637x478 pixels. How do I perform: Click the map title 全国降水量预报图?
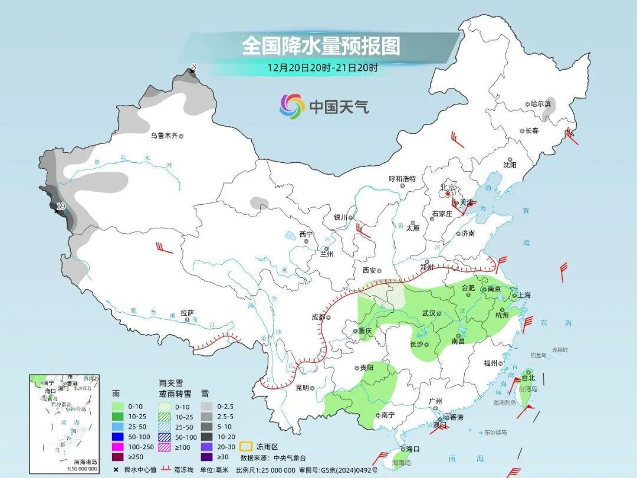click(320, 45)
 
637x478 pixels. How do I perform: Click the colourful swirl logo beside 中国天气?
click(292, 106)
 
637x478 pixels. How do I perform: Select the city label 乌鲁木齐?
click(163, 136)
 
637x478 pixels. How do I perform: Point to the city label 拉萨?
click(187, 313)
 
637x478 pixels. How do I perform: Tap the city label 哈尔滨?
click(540, 104)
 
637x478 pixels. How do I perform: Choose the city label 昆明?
click(302, 388)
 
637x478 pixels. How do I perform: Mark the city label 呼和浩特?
click(402, 179)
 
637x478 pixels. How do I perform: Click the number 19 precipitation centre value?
click(60, 207)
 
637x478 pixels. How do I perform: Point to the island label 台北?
click(528, 378)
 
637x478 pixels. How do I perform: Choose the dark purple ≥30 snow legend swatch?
click(206, 456)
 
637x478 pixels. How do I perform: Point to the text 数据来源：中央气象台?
click(273, 457)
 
